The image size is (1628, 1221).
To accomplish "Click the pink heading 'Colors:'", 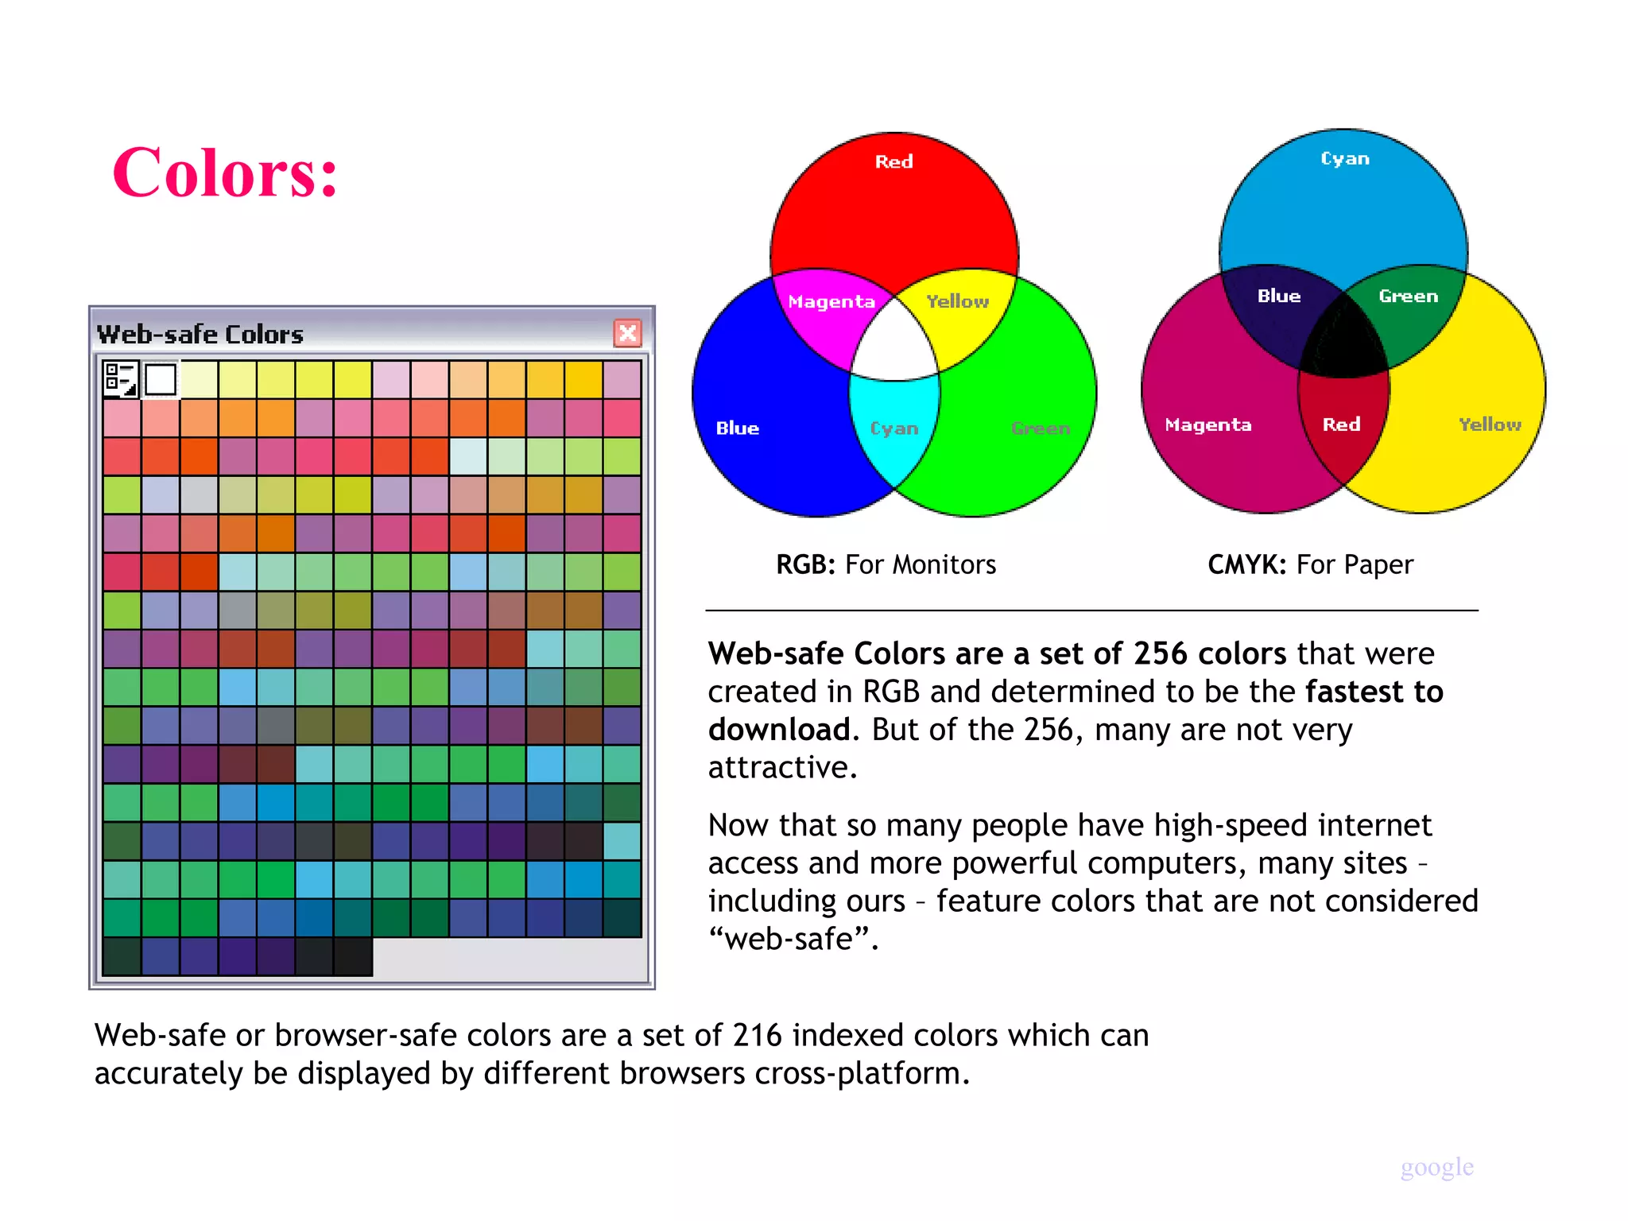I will pyautogui.click(x=226, y=172).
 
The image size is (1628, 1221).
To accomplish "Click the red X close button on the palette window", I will pyautogui.click(x=627, y=333).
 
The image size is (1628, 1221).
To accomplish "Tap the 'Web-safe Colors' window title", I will pyautogui.click(x=200, y=334).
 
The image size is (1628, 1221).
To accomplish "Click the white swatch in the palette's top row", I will pyautogui.click(x=161, y=379).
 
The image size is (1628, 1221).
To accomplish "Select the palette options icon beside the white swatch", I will pyautogui.click(x=121, y=379).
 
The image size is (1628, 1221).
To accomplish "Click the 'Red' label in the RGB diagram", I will pyautogui.click(x=893, y=162).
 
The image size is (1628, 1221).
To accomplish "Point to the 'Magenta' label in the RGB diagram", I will pyautogui.click(x=831, y=302).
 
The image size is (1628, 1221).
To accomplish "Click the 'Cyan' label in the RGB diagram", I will pyautogui.click(x=894, y=428).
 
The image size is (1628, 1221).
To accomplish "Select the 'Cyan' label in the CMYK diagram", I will pyautogui.click(x=1344, y=159).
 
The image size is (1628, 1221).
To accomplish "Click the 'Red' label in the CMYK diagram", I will pyautogui.click(x=1341, y=424).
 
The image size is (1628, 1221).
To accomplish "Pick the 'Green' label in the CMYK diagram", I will pyautogui.click(x=1408, y=297).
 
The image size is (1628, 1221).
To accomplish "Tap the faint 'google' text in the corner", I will pyautogui.click(x=1436, y=1167).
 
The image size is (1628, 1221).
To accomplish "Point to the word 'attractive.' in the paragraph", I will pyautogui.click(x=782, y=767).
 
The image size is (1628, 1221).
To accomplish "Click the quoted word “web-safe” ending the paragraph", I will pyautogui.click(x=793, y=939).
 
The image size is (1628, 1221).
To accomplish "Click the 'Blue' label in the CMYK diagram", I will pyautogui.click(x=1278, y=297).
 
